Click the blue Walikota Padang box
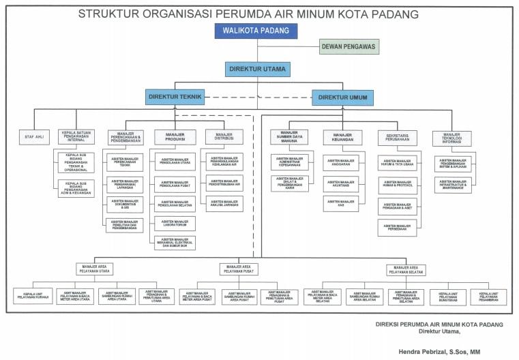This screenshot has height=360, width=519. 256,31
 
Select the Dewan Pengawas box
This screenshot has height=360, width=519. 349,46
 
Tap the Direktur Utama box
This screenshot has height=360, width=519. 256,68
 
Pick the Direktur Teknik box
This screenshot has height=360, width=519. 174,97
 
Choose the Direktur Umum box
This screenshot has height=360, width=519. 342,97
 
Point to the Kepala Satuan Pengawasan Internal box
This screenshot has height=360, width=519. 77,137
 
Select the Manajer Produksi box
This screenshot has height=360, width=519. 175,136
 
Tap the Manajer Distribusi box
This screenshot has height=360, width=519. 224,136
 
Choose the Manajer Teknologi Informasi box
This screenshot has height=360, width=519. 451,137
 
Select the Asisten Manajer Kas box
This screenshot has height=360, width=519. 340,202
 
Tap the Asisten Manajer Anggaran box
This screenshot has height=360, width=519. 340,163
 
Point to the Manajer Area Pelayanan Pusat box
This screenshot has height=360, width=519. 239,269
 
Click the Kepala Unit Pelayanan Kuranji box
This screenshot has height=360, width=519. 33,297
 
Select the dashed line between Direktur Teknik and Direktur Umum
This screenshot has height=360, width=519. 258,97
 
